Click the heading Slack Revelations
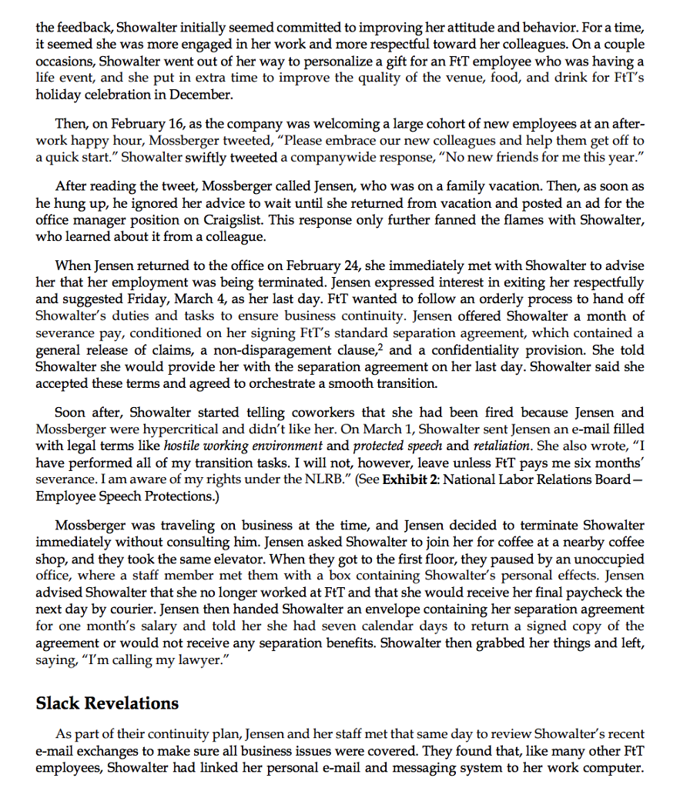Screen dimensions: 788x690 click(107, 703)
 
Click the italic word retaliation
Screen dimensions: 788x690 click(501, 445)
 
